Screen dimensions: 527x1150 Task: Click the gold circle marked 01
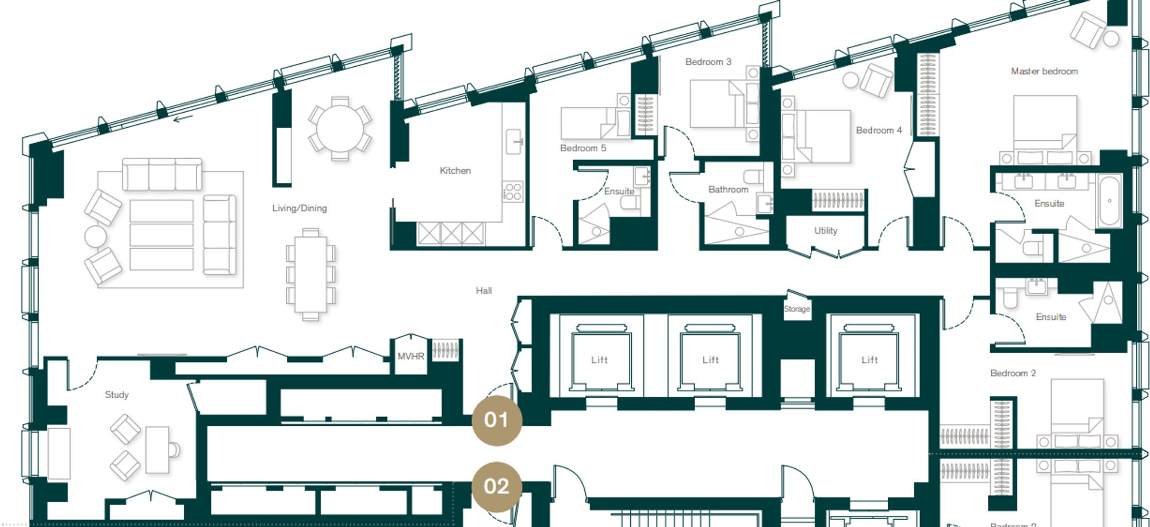click(x=496, y=420)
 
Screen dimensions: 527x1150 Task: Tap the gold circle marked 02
click(x=496, y=487)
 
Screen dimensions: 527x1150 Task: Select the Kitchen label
click(x=455, y=171)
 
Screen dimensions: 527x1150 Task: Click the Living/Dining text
click(x=299, y=208)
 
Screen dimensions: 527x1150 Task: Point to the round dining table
click(x=340, y=128)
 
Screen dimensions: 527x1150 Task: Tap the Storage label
click(x=797, y=309)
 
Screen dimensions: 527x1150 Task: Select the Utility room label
click(x=826, y=231)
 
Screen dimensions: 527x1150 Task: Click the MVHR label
click(x=411, y=357)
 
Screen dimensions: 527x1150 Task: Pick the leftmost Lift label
click(x=599, y=360)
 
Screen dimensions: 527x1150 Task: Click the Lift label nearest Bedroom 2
click(x=869, y=360)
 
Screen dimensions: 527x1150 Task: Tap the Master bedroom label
click(x=1044, y=71)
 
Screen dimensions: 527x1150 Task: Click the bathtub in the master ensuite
click(x=1109, y=201)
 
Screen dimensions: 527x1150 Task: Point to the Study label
click(x=116, y=395)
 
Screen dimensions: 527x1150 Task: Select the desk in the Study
click(x=158, y=449)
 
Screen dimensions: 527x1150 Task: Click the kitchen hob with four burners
click(x=512, y=192)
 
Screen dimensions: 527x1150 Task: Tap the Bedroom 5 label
click(x=582, y=148)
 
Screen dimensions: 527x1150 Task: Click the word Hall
click(x=484, y=291)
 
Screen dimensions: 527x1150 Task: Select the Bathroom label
click(x=728, y=189)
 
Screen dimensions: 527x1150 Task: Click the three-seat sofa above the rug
click(x=162, y=174)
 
